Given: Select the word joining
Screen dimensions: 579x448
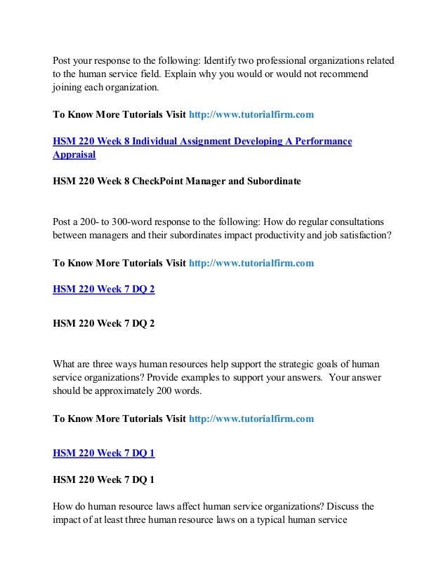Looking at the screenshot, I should (x=69, y=89).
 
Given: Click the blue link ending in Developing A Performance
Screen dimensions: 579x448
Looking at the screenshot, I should (x=203, y=142).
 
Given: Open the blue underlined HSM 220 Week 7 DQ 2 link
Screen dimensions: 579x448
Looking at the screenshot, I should (x=104, y=289).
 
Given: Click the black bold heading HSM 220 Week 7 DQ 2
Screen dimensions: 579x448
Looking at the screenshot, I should (x=104, y=325).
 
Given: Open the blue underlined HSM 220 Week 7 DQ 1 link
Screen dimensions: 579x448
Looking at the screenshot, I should (x=104, y=453).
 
